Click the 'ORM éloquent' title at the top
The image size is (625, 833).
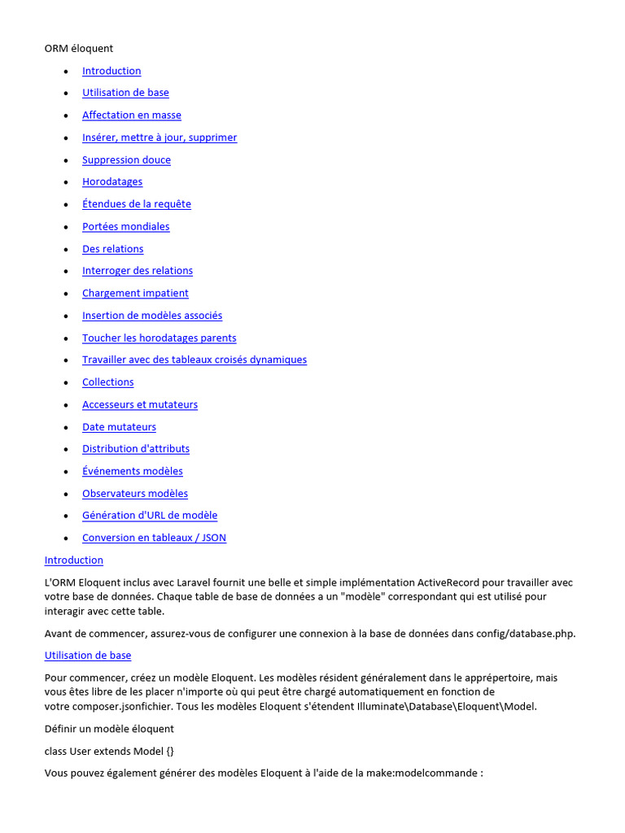pyautogui.click(x=79, y=49)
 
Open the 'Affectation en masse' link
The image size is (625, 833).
pyautogui.click(x=132, y=116)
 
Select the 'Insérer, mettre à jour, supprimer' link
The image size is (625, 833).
pyautogui.click(x=160, y=137)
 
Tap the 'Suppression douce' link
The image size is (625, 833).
pyautogui.click(x=126, y=160)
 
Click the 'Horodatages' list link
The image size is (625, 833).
pyautogui.click(x=112, y=182)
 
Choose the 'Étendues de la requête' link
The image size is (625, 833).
pyautogui.click(x=137, y=204)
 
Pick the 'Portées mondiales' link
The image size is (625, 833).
pyautogui.click(x=126, y=227)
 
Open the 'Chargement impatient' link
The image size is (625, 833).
pyautogui.click(x=135, y=294)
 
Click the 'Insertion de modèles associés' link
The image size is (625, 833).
pyautogui.click(x=152, y=316)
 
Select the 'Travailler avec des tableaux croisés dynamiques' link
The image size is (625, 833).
pyautogui.click(x=194, y=360)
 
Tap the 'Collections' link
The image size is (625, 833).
pyautogui.click(x=108, y=382)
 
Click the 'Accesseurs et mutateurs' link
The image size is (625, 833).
pyautogui.click(x=140, y=405)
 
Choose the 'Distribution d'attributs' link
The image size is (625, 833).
pyautogui.click(x=136, y=449)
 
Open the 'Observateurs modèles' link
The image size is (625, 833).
pyautogui.click(x=135, y=494)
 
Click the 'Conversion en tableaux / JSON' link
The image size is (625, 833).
pyautogui.click(x=154, y=538)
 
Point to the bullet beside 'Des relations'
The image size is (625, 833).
pyautogui.click(x=65, y=250)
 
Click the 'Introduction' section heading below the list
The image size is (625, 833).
pyautogui.click(x=74, y=560)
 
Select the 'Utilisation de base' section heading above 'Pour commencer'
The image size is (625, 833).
pyautogui.click(x=88, y=656)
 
